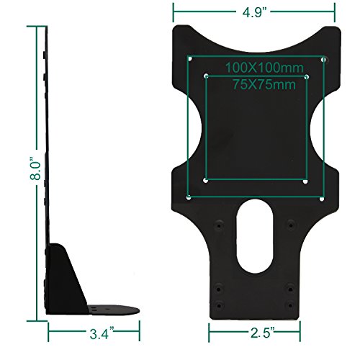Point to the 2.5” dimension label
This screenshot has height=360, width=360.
point(257,333)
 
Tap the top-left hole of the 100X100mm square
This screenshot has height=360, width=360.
point(189,58)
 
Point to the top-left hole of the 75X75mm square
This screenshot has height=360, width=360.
point(206,76)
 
